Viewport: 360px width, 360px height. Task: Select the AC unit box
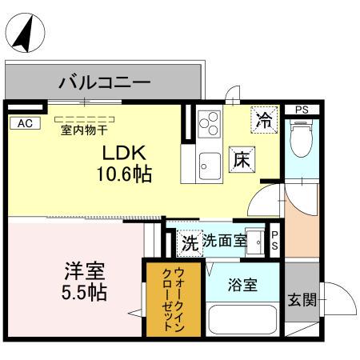pos(24,122)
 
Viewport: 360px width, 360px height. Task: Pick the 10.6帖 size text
pos(126,173)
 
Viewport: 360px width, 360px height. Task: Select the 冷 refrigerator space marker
pos(263,121)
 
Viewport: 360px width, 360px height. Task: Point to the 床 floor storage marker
pos(242,158)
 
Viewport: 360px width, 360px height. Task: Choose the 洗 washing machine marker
pos(189,240)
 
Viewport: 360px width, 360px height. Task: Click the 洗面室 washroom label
pos(223,239)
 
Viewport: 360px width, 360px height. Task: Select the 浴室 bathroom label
pos(242,284)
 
